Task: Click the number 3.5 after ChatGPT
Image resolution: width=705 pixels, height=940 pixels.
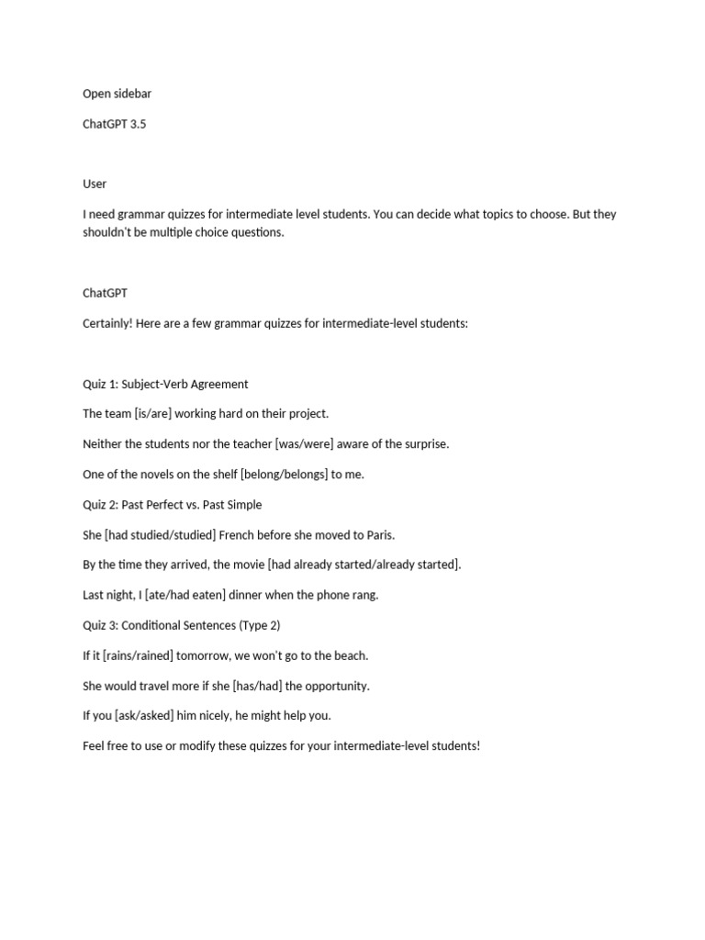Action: tap(138, 124)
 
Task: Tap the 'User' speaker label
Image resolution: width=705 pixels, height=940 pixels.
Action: tap(95, 184)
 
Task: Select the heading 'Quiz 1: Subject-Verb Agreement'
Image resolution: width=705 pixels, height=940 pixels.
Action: tap(165, 384)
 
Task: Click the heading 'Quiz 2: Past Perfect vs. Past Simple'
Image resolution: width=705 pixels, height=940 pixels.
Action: tap(172, 504)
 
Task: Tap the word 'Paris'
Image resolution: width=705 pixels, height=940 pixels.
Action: tap(378, 534)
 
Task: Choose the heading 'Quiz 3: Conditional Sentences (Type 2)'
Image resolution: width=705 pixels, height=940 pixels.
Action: tap(181, 624)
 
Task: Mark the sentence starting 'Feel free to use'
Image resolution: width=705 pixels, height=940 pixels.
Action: tap(281, 745)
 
